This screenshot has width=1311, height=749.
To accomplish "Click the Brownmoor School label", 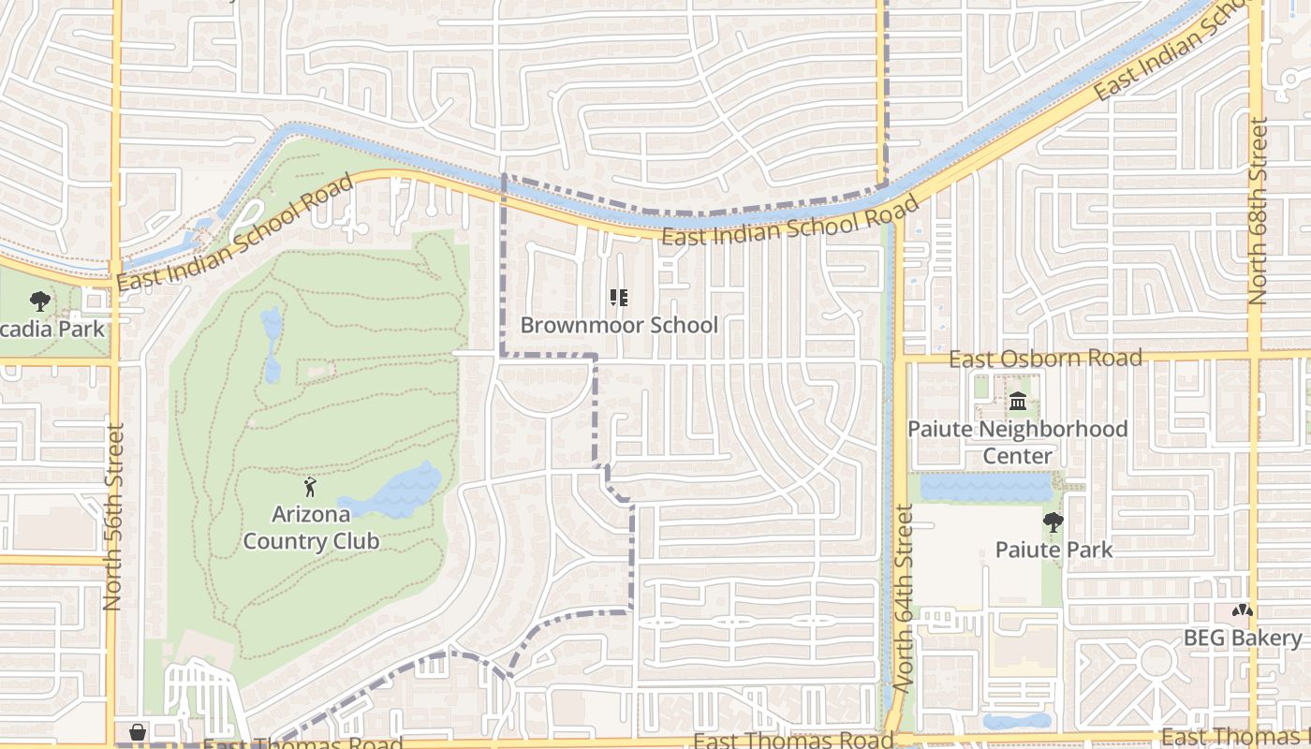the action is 619,325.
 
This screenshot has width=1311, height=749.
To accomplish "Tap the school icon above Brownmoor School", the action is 618,298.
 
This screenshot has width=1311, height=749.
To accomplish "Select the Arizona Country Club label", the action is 311,527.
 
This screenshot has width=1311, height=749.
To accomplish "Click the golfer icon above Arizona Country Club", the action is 310,487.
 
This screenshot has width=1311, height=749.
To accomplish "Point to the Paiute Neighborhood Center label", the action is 1018,442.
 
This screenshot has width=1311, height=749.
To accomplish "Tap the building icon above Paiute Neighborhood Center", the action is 1018,403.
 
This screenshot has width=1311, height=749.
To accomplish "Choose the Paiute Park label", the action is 1053,550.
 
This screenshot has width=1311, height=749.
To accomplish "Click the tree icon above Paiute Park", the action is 1053,522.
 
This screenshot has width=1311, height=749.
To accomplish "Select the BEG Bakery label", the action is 1243,638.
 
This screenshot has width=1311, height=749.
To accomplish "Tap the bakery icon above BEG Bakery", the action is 1243,610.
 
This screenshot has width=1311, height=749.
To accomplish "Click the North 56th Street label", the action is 113,517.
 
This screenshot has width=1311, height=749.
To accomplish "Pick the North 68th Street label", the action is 1258,211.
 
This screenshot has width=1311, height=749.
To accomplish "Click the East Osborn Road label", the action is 1045,359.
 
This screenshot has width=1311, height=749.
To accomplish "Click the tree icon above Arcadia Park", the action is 40,301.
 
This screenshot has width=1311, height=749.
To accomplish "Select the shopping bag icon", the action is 138,731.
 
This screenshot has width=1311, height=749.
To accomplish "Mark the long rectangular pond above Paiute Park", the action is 986,488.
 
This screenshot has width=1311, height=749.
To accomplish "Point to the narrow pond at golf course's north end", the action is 272,342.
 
